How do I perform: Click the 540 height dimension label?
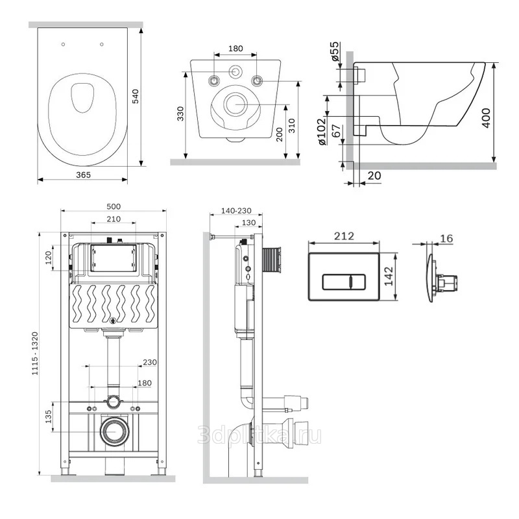[x=136, y=96]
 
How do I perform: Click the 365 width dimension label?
[x=84, y=175]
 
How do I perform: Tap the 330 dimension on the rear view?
[x=180, y=114]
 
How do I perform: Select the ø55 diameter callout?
[x=335, y=51]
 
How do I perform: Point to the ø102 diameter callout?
[x=322, y=132]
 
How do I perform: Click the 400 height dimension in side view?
[x=486, y=118]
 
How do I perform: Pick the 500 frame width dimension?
[x=114, y=206]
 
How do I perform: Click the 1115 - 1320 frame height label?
[x=35, y=354]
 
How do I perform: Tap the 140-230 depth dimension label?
[x=236, y=210]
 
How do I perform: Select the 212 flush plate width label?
[x=344, y=236]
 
